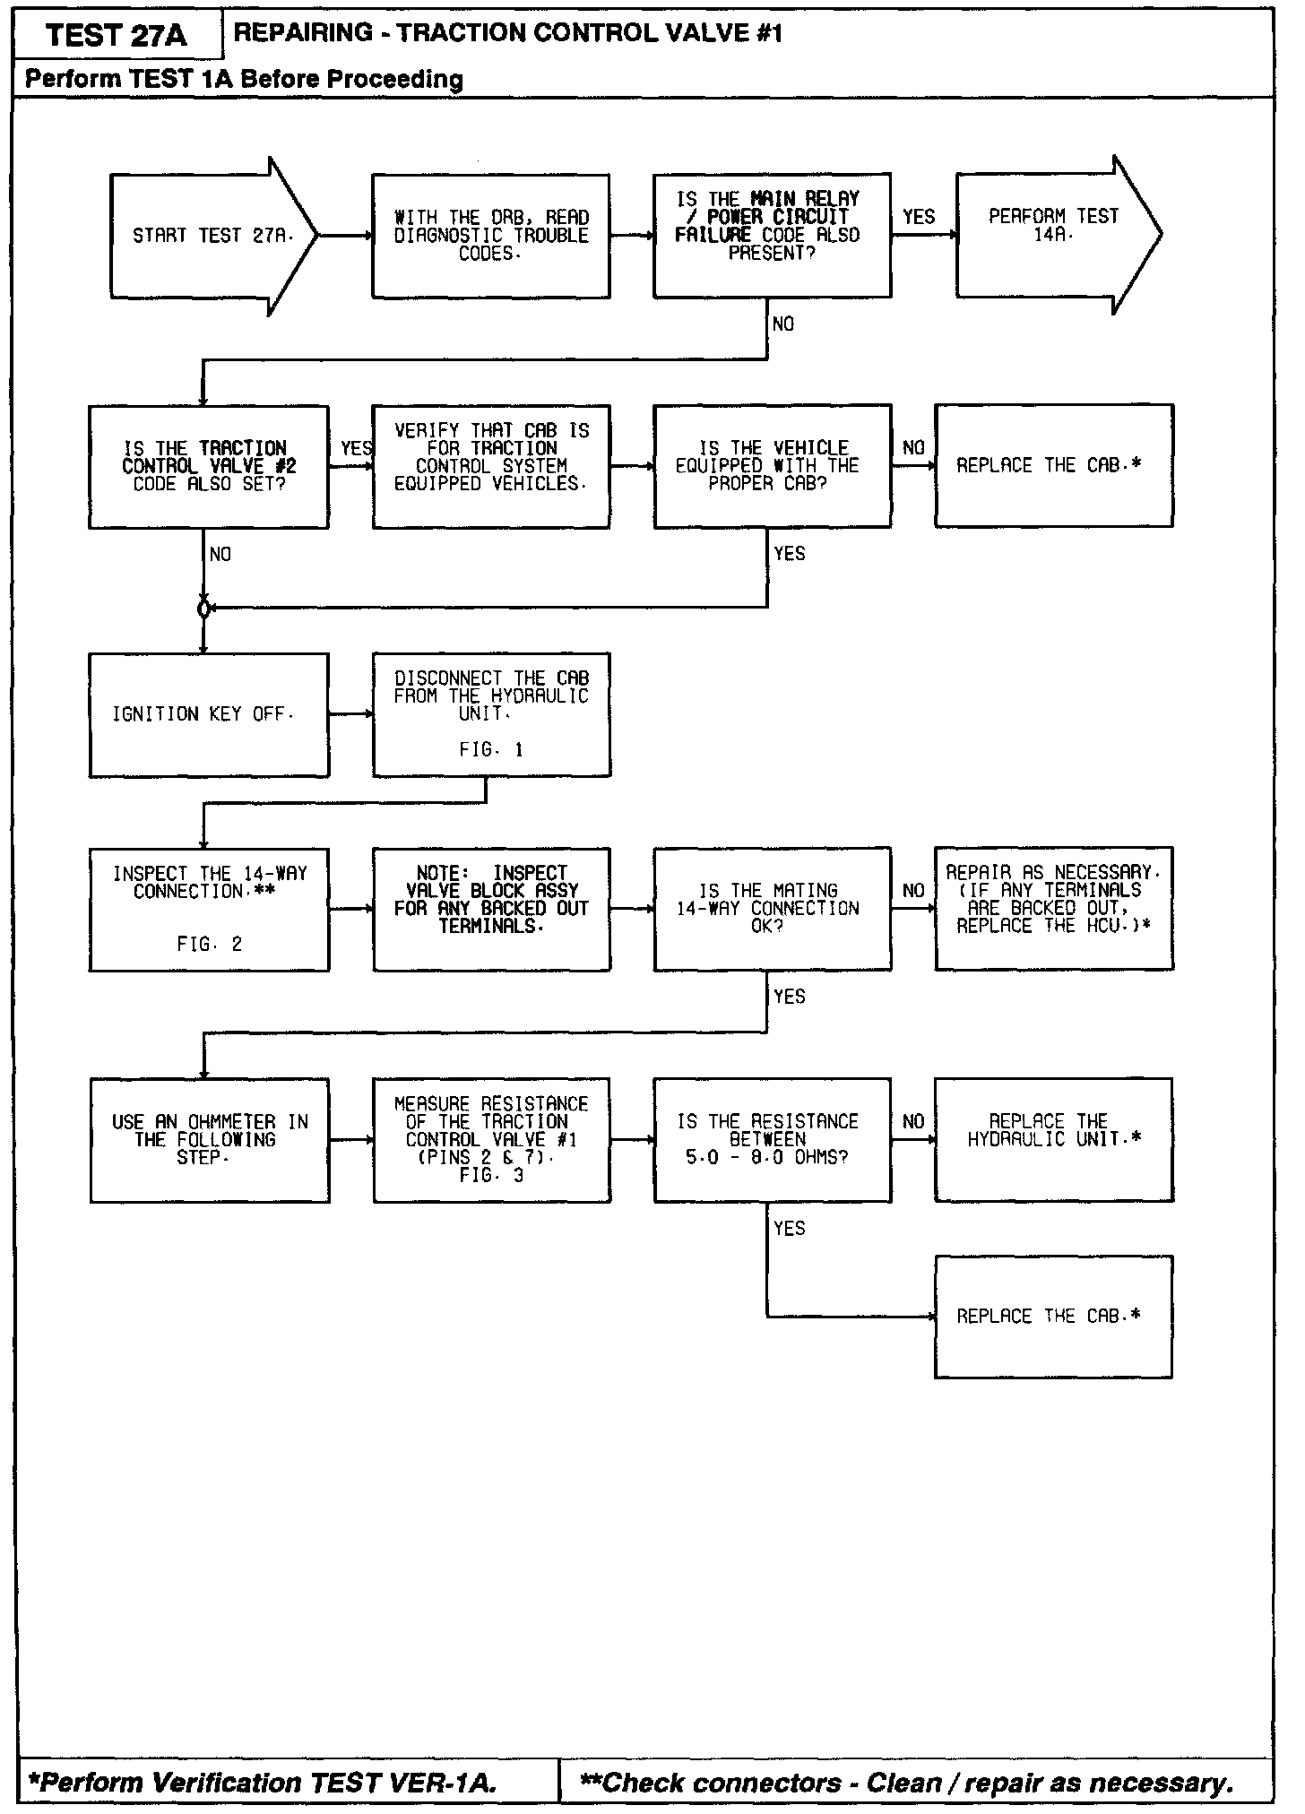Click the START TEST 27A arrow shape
[212, 236]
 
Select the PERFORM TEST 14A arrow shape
[1054, 234]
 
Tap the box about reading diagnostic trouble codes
[491, 236]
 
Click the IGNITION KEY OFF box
[209, 714]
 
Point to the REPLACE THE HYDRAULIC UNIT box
[1053, 1139]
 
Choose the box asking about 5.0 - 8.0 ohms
[772, 1139]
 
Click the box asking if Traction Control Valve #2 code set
[208, 466]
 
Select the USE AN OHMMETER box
[209, 1139]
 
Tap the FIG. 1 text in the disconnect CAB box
[491, 750]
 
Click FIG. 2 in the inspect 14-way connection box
[209, 944]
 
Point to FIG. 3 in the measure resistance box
[491, 1175]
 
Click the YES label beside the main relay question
[919, 217]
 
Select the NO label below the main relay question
[783, 324]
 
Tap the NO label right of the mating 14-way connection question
[913, 891]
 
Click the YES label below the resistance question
[790, 1229]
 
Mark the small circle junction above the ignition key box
[203, 609]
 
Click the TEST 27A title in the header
[117, 36]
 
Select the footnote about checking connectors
[907, 1783]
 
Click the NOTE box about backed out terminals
[491, 900]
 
